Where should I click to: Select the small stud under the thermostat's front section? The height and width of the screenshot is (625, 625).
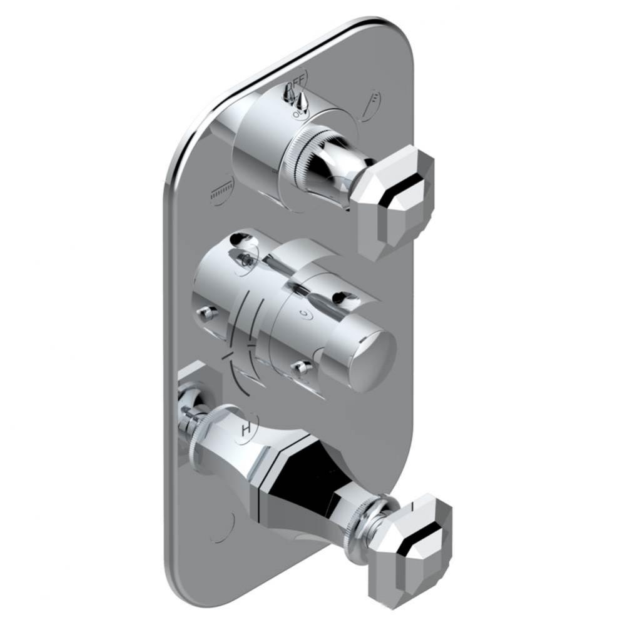coord(302,367)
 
